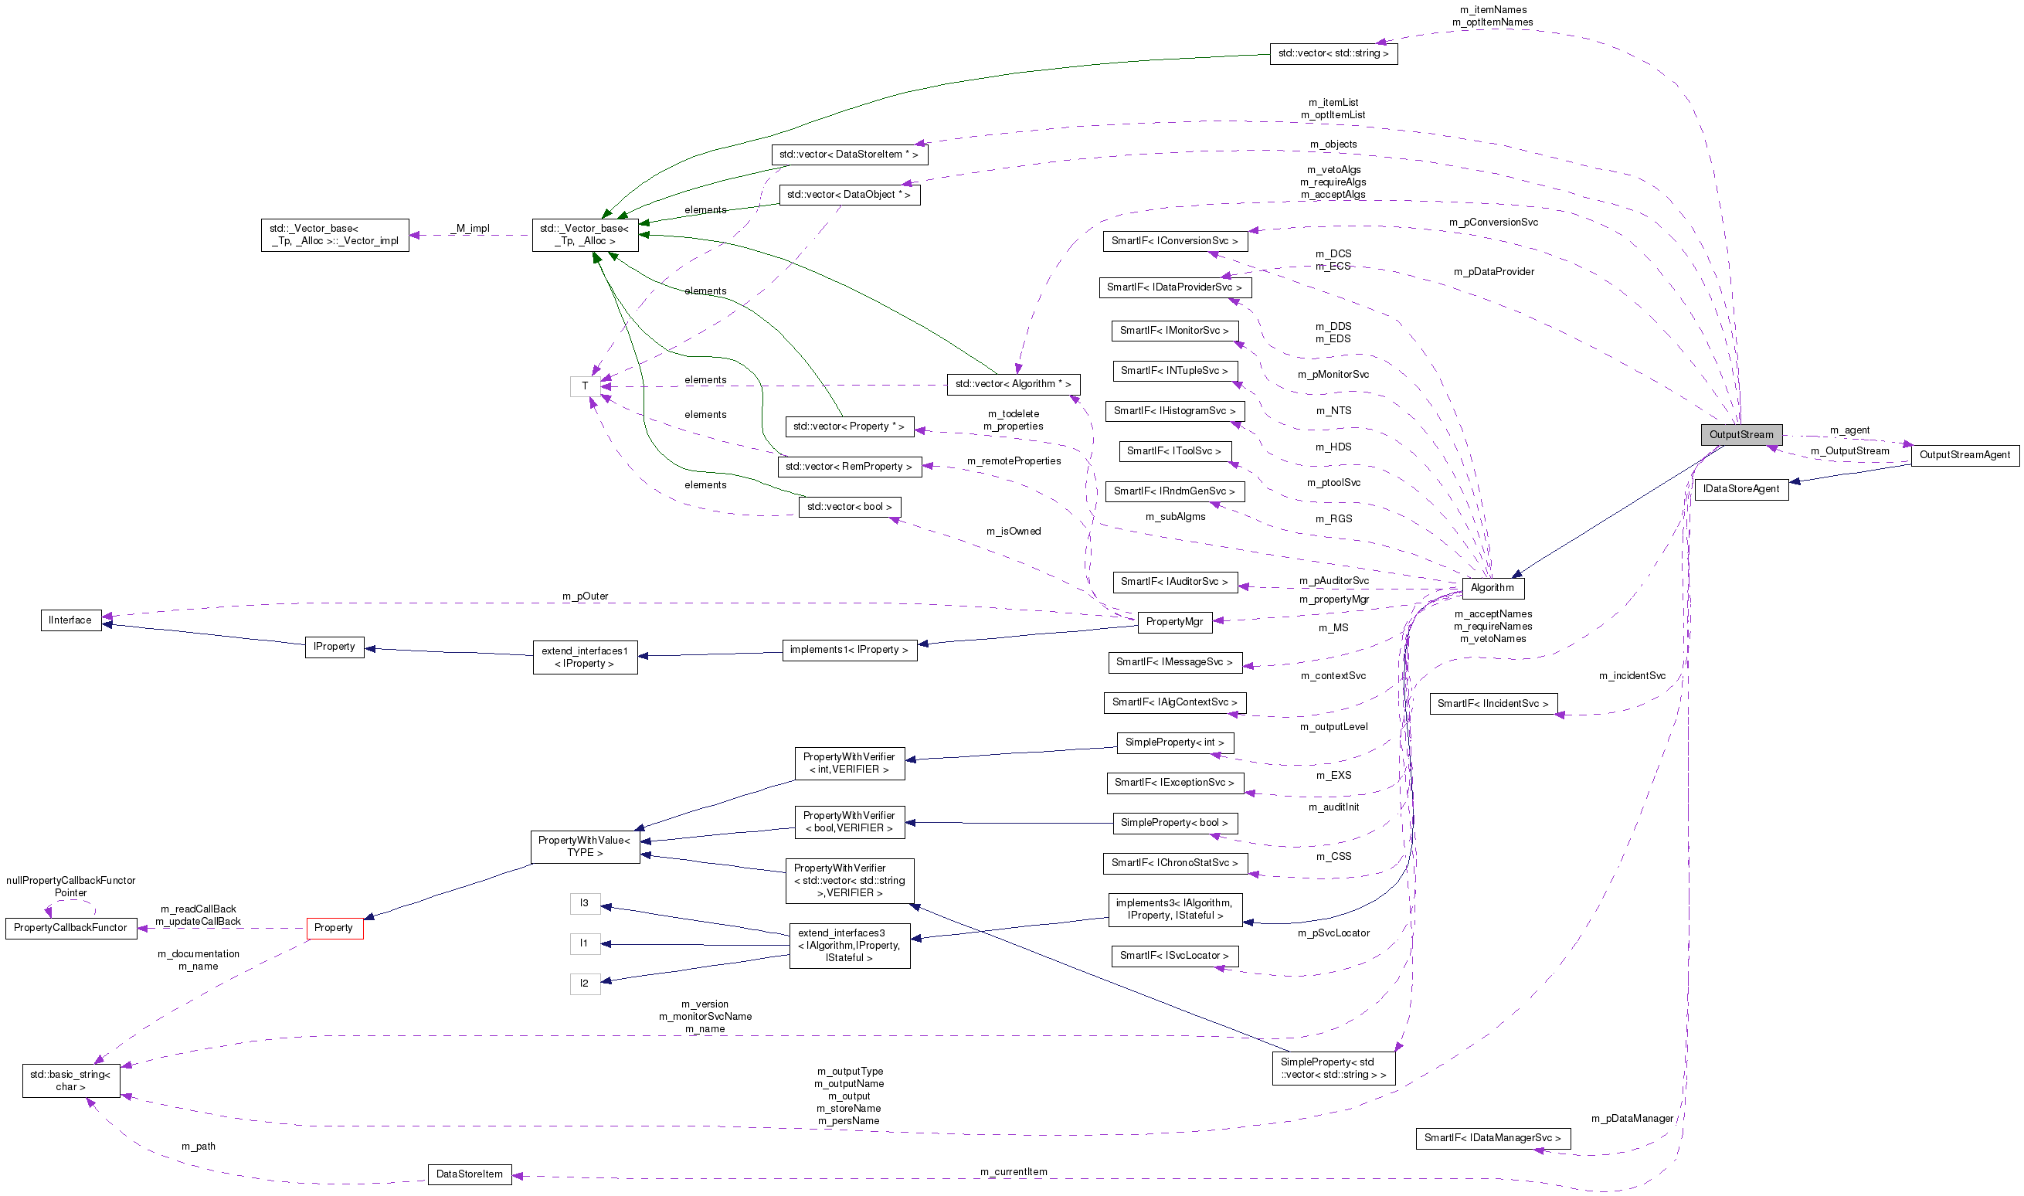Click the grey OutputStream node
point(1740,434)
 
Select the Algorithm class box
point(1492,587)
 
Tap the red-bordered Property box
point(334,928)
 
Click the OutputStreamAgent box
point(1964,454)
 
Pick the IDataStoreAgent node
point(1740,488)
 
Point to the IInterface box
point(70,620)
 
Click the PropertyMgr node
point(1174,621)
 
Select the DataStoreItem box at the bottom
point(469,1174)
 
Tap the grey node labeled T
point(585,386)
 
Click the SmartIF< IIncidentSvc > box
point(1493,704)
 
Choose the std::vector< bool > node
point(849,507)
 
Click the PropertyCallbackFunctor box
point(70,928)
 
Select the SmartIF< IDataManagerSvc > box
point(1493,1138)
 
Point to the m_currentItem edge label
point(1013,1171)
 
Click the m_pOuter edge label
point(585,596)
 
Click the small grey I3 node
point(584,902)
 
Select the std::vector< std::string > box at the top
point(1333,53)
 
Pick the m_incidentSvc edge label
point(1632,675)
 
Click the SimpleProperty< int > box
point(1174,742)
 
